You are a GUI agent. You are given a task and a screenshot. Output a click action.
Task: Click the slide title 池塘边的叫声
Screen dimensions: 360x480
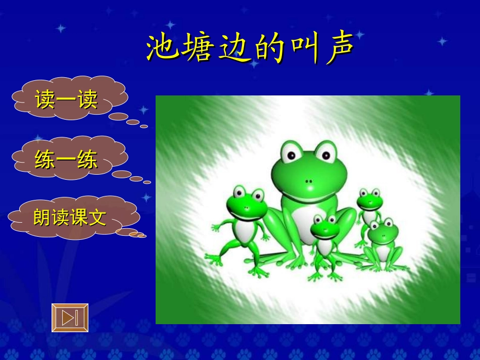pyautogui.click(x=251, y=49)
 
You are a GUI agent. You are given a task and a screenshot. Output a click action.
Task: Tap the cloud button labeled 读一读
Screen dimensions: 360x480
pyautogui.click(x=66, y=99)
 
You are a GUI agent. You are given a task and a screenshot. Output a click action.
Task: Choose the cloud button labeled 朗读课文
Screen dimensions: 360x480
pyautogui.click(x=70, y=218)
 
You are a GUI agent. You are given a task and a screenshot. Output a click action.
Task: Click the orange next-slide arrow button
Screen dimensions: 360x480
pyautogui.click(x=70, y=318)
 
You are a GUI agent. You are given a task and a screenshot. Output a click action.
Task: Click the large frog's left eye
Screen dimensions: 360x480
pyautogui.click(x=291, y=153)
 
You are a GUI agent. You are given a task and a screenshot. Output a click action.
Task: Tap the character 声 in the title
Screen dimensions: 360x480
pyautogui.click(x=340, y=49)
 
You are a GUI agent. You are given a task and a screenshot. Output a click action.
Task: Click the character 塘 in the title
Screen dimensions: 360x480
pyautogui.click(x=197, y=49)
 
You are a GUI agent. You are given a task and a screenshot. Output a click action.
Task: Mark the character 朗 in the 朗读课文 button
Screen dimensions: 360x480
pyautogui.click(x=42, y=218)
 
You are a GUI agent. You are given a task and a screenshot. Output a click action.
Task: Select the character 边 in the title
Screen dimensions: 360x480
pyautogui.click(x=232, y=49)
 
